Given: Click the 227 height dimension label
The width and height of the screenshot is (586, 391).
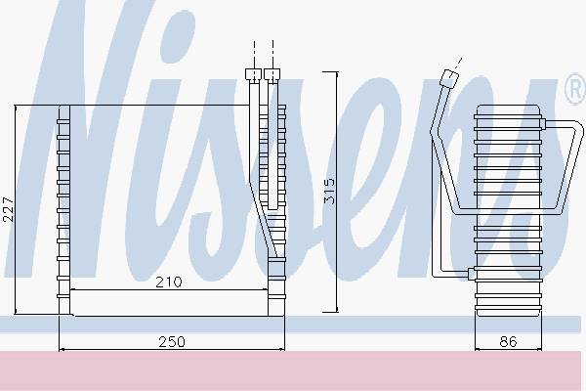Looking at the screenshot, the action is [8, 209].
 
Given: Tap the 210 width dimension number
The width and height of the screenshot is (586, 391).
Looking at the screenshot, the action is [169, 282].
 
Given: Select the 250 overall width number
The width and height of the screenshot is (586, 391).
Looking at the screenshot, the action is [172, 341].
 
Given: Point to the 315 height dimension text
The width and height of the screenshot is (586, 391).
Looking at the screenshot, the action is [329, 192].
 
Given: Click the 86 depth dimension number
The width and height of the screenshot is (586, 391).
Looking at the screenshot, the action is [508, 341].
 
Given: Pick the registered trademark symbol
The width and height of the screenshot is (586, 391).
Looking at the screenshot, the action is [575, 89].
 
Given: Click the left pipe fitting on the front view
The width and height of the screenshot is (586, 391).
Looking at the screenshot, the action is [253, 74].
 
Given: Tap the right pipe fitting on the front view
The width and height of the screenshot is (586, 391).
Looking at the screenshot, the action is [272, 74].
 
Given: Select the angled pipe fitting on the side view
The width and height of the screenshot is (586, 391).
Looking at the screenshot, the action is [449, 78].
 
